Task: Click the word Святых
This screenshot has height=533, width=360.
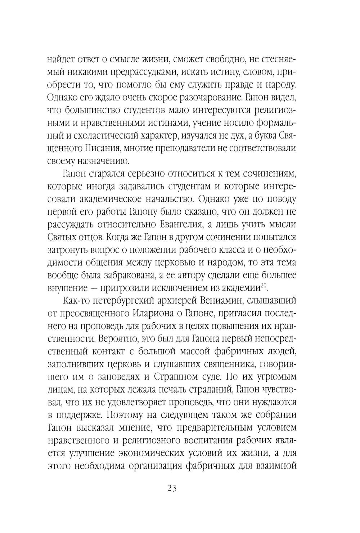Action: coord(62,237)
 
